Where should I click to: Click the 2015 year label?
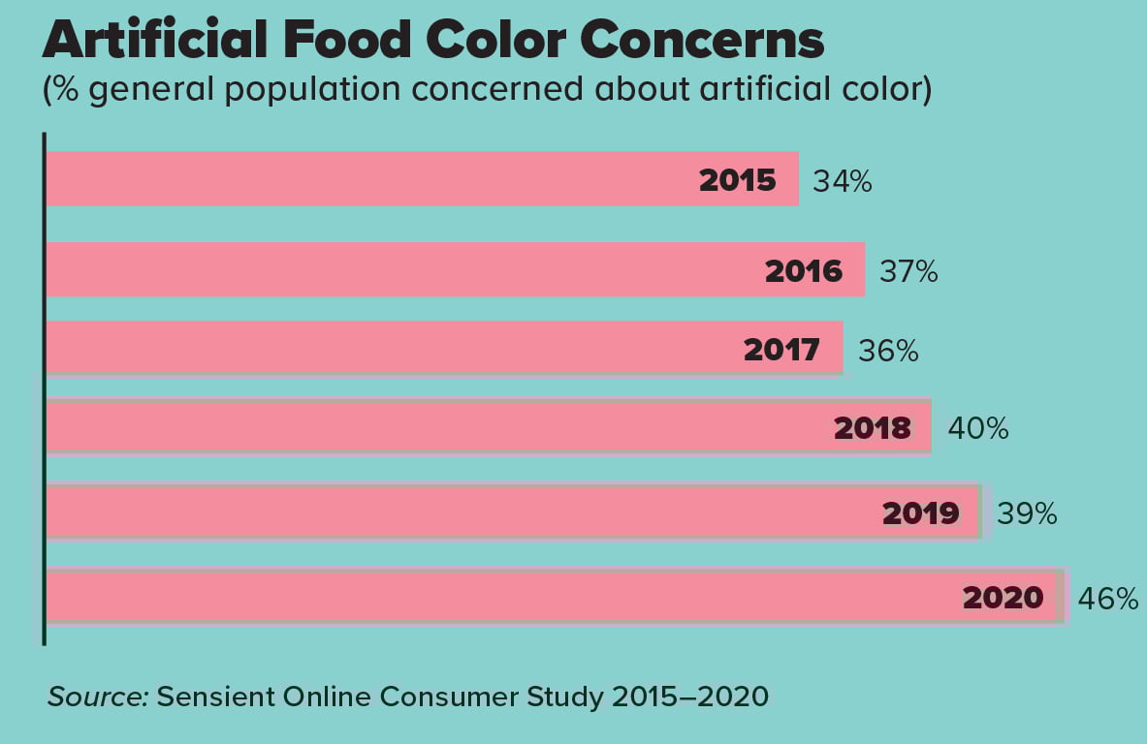click(x=738, y=180)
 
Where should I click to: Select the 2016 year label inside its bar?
click(x=804, y=271)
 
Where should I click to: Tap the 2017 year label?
click(x=781, y=349)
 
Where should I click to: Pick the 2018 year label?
click(x=873, y=428)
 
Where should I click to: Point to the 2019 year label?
click(x=921, y=512)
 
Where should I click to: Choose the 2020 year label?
click(x=1003, y=598)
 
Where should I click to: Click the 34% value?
click(x=843, y=181)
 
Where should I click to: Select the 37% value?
click(x=908, y=272)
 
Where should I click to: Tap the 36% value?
click(x=887, y=350)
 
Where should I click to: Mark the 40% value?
click(x=978, y=428)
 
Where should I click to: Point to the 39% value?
click(x=1027, y=513)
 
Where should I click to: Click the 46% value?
click(x=1108, y=599)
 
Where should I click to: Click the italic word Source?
click(x=96, y=697)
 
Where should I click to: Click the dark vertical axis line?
click(x=44, y=387)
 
